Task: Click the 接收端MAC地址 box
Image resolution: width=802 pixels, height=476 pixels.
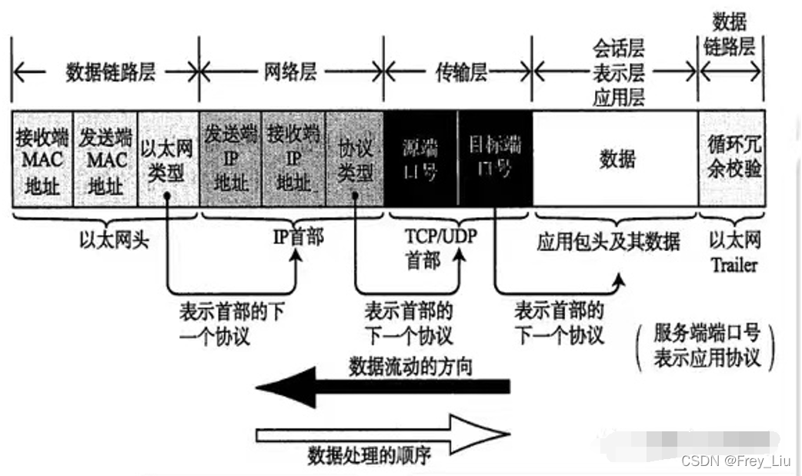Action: coord(42,159)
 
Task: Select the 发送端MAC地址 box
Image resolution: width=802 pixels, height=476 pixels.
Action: coord(105,159)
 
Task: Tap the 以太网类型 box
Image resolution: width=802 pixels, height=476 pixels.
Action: coord(167,159)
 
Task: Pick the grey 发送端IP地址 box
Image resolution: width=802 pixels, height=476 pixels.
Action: coord(229,159)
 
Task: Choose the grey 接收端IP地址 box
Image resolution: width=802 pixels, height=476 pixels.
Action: coord(292,159)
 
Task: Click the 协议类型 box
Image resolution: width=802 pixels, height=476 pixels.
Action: coord(355,159)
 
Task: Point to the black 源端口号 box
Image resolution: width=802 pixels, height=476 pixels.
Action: coord(419,159)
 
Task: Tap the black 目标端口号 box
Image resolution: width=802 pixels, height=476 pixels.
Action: coord(494,159)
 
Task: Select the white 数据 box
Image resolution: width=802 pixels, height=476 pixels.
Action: coord(616,159)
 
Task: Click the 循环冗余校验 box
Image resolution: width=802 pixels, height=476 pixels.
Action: coord(731,159)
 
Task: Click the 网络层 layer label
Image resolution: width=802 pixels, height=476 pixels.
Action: coord(291,73)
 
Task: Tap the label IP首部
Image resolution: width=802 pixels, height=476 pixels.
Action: coord(297,236)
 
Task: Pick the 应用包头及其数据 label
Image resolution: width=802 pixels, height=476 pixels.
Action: coord(608,242)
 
